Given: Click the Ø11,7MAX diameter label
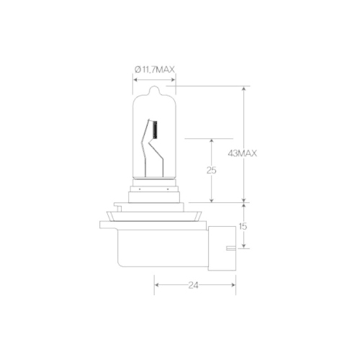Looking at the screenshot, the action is (x=155, y=70).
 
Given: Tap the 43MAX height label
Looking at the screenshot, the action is (x=242, y=153).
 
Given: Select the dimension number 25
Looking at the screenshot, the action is (x=212, y=170).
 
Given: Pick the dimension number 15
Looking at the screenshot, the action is (x=243, y=226).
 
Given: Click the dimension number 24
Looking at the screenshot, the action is (x=193, y=285).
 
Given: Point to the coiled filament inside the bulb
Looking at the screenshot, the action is (x=156, y=130).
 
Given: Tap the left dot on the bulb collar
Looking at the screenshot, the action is (x=140, y=189).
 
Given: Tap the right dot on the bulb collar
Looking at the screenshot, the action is (x=168, y=189).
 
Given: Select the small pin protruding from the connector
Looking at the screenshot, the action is (x=231, y=248).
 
